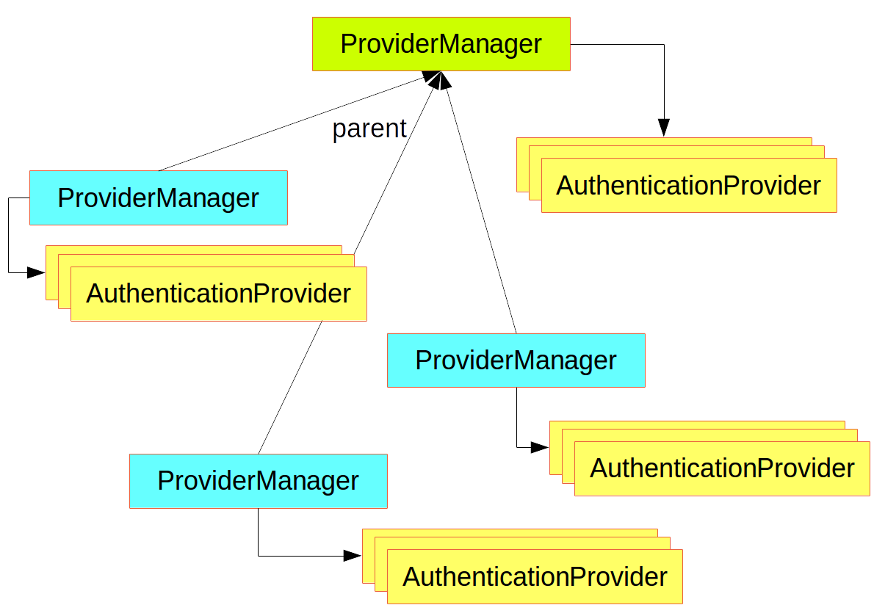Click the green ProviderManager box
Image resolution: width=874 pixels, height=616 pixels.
pos(441,44)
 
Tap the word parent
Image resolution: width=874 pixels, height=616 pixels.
pos(369,128)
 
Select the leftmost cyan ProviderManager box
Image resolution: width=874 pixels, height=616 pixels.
pos(158,198)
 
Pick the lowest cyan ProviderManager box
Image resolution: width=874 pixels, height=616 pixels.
pos(258,481)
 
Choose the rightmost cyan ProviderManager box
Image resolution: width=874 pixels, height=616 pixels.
pos(516,360)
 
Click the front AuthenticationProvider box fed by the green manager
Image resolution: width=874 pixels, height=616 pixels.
pos(688,185)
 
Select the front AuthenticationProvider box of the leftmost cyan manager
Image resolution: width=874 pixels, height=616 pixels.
pos(218,294)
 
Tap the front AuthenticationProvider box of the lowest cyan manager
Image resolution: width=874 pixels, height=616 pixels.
pos(535,576)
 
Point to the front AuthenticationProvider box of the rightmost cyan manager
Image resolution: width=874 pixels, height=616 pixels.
pos(722,468)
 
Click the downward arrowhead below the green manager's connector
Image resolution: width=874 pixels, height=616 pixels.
pos(664,128)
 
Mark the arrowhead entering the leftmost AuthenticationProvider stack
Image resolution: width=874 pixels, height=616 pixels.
pos(36,272)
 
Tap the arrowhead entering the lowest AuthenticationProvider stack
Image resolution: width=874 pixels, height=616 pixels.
pos(353,556)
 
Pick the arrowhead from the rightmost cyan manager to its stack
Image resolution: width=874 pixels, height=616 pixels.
pos(540,446)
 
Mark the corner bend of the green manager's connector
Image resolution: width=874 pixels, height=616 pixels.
pos(664,45)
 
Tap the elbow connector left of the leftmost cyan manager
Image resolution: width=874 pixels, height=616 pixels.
pos(9,235)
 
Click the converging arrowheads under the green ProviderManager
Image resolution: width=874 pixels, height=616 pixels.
pos(438,80)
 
